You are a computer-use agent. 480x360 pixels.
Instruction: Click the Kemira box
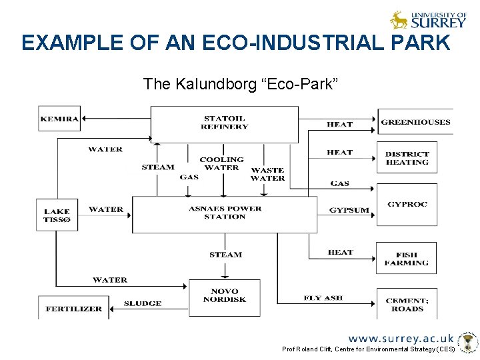[59, 120]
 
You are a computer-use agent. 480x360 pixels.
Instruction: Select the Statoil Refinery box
[224, 123]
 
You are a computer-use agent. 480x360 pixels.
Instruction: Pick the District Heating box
[407, 159]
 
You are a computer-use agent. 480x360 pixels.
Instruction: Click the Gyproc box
[407, 204]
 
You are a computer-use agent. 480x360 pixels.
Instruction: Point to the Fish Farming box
[406, 259]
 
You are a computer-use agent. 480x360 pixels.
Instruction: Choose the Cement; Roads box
[407, 304]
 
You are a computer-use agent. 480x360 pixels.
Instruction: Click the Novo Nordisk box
[224, 297]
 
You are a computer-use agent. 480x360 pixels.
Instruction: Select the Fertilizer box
[74, 309]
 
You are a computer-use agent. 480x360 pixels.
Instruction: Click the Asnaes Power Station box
[225, 213]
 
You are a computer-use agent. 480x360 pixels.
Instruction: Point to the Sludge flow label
[143, 304]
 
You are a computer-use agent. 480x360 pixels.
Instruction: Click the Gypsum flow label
[349, 210]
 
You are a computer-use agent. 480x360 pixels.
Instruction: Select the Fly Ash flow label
[323, 298]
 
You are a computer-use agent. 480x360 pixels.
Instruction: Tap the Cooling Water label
[221, 163]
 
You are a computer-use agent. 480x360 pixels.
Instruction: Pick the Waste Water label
[267, 174]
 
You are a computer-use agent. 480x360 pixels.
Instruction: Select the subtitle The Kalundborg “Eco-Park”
[241, 84]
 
